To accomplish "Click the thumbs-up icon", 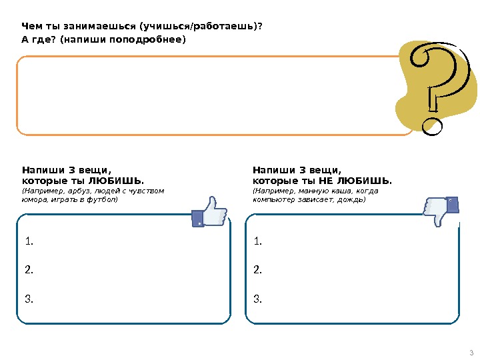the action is [x=209, y=213].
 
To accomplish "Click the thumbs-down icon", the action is [x=441, y=211].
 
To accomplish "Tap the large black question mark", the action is [x=437, y=83].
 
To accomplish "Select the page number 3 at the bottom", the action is [x=471, y=353].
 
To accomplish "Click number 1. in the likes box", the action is [x=28, y=241].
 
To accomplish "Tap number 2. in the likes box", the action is [x=28, y=270].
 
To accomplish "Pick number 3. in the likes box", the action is [x=28, y=299].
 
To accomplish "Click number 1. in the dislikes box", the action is [x=258, y=241].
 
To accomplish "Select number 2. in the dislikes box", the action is [x=258, y=270].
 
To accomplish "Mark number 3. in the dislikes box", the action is [x=258, y=299].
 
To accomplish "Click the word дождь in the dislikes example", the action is [x=352, y=199].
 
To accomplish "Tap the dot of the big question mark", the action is [x=432, y=125].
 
